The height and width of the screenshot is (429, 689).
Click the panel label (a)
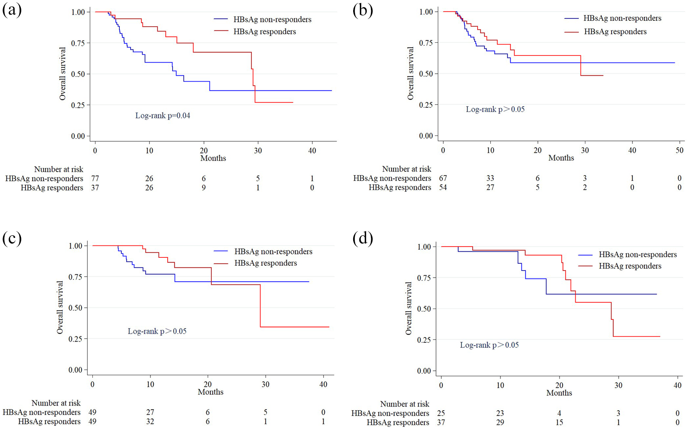click(x=12, y=10)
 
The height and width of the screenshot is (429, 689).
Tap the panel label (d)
click(x=363, y=239)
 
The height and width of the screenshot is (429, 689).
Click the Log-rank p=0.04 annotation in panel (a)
click(x=163, y=116)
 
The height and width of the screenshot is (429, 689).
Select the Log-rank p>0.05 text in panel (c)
click(x=157, y=331)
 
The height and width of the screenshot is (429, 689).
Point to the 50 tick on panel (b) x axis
click(x=679, y=150)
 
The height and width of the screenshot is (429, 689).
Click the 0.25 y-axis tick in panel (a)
click(x=78, y=105)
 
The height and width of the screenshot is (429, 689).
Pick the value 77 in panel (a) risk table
click(x=95, y=179)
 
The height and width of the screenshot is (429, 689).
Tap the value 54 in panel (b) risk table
click(x=443, y=187)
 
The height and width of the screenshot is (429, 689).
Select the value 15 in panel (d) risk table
click(x=559, y=422)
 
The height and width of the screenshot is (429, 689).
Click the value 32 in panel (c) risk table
click(x=150, y=422)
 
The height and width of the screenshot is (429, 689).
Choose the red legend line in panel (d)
click(x=585, y=266)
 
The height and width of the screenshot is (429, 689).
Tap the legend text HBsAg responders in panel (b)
click(x=615, y=32)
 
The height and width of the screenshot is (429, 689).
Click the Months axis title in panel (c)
click(x=210, y=392)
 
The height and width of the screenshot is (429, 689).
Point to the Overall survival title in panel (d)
click(x=409, y=309)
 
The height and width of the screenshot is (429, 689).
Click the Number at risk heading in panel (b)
click(x=406, y=169)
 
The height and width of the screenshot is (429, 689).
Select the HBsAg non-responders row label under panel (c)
click(x=41, y=412)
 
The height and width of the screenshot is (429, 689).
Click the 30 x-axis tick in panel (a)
click(x=258, y=151)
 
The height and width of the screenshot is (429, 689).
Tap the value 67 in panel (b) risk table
click(x=443, y=178)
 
